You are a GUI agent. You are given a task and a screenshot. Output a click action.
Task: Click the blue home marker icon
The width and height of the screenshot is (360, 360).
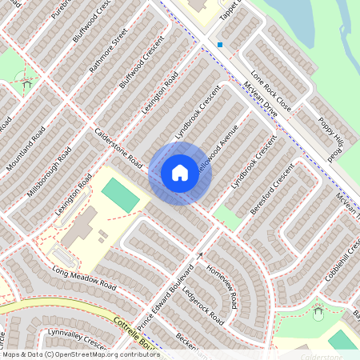pyautogui.click(x=180, y=172)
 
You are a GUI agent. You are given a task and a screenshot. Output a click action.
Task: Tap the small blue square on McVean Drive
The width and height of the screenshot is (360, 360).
pyautogui.click(x=220, y=45)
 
